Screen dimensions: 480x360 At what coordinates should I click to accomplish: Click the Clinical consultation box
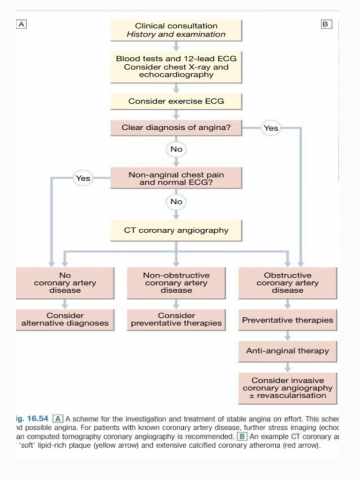point(176,30)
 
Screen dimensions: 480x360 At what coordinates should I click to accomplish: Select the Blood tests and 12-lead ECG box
point(176,67)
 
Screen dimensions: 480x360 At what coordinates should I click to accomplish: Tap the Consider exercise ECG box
point(176,101)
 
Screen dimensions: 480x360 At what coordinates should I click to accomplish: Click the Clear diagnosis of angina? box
point(176,127)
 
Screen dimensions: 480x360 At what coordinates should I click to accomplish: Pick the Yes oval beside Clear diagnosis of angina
point(271,127)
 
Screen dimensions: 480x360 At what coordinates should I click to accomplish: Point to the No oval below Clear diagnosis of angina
point(176,150)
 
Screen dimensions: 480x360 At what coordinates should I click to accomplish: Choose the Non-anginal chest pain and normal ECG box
point(176,178)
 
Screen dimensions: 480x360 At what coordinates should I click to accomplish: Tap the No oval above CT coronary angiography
point(176,202)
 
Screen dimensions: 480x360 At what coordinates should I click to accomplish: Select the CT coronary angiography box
point(176,231)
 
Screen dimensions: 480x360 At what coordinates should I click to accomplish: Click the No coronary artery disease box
point(65,283)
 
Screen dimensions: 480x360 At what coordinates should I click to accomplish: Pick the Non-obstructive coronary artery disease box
point(176,283)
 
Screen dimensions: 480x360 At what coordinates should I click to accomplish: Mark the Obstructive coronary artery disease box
point(287,283)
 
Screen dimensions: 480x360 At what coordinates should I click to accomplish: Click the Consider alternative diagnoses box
point(65,320)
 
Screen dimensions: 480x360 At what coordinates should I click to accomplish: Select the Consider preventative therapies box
point(176,320)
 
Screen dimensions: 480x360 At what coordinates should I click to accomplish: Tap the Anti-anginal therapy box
point(287,351)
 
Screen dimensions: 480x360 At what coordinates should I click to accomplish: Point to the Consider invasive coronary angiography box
point(287,388)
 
